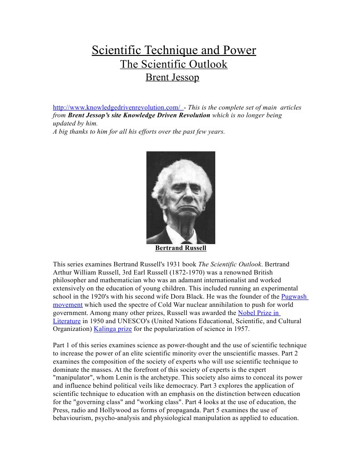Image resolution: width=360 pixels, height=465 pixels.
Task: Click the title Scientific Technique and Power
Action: tap(174, 50)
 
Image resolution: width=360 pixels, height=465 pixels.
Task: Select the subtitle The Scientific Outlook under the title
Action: tap(173, 65)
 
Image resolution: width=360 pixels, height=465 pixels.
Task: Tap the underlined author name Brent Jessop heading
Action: tap(172, 78)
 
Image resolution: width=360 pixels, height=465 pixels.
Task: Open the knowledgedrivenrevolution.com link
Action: tap(117, 108)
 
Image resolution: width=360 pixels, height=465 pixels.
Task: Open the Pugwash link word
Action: tap(294, 297)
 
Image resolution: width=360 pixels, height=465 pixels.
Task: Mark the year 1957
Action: tap(240, 329)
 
